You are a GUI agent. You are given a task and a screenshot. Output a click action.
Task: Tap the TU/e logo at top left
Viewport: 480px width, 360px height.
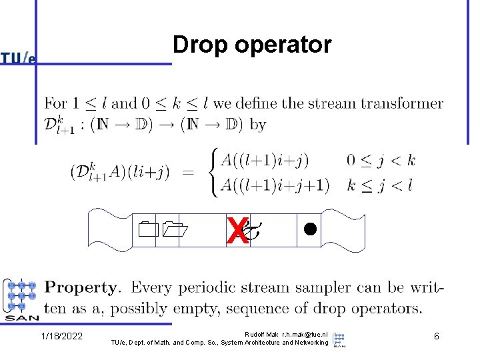18,59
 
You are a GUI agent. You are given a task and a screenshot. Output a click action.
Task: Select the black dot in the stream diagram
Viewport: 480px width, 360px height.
309,228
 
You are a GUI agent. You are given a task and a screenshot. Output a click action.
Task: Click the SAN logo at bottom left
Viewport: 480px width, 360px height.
21,300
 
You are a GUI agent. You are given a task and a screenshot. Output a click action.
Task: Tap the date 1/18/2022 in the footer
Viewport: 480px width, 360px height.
61,336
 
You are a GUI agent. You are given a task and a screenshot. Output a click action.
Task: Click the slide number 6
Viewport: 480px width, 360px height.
436,336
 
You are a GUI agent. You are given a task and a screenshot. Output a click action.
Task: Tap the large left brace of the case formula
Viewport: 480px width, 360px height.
214,173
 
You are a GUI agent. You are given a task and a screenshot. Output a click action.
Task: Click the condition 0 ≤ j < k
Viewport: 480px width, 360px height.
381,161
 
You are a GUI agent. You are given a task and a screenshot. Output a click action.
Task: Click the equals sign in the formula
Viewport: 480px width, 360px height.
189,173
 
